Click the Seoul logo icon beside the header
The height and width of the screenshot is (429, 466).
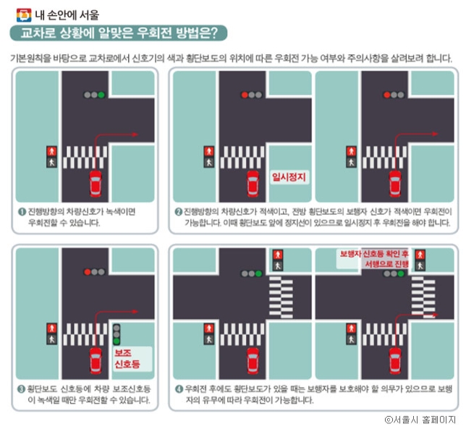(24, 15)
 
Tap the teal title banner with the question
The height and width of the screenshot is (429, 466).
(119, 33)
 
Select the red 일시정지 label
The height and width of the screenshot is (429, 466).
(289, 177)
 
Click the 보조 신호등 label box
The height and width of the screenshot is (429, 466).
(132, 359)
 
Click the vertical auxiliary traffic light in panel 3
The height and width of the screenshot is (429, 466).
(116, 334)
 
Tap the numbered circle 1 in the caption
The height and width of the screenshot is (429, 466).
(22, 211)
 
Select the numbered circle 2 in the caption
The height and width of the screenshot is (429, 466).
(178, 211)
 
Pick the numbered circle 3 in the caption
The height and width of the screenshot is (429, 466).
(21, 389)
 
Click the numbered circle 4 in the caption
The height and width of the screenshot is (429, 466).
(179, 389)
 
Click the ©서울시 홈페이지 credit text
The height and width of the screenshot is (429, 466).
(420, 420)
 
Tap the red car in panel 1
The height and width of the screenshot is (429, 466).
(96, 184)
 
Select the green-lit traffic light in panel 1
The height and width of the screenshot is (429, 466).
(94, 95)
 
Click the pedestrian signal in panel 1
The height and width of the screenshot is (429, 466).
(51, 157)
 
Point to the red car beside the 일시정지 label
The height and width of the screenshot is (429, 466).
(253, 184)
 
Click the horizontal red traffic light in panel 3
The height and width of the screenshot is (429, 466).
(94, 272)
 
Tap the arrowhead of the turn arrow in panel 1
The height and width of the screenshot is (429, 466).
(135, 135)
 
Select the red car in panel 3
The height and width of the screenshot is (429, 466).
(96, 361)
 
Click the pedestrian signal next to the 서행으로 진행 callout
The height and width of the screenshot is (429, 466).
(420, 260)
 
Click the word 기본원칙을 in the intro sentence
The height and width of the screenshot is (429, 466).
(27, 58)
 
